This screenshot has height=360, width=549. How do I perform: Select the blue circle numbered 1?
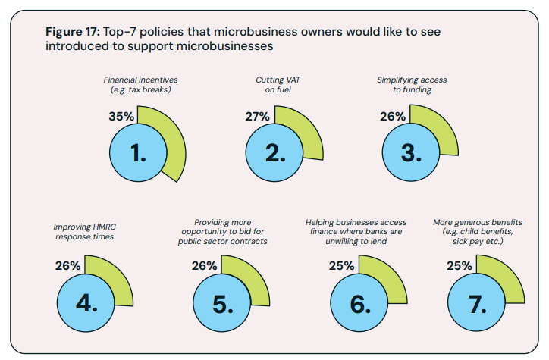pos(138,152)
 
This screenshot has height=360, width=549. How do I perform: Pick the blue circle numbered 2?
pos(274,152)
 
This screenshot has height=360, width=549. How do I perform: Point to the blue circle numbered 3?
pos(410,152)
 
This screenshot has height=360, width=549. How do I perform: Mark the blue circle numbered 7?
pos(478,302)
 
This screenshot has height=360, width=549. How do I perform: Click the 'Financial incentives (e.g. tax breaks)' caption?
pos(136,84)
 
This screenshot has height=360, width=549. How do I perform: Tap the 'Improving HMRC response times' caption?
pos(84,231)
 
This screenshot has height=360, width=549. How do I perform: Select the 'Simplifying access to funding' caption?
pos(412,84)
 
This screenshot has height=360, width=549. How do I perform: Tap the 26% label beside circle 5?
pos(205,266)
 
